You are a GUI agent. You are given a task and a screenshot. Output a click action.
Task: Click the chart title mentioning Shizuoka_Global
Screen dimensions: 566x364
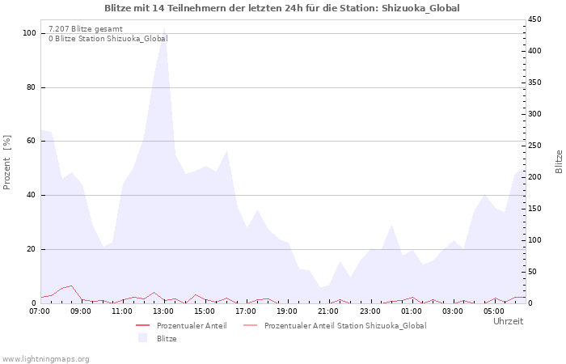[x=282, y=8]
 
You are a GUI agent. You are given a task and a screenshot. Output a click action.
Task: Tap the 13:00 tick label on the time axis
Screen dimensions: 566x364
[x=163, y=311]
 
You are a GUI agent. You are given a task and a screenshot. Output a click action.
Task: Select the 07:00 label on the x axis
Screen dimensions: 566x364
[x=40, y=311]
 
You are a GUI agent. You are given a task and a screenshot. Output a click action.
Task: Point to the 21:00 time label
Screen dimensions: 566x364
[x=328, y=311]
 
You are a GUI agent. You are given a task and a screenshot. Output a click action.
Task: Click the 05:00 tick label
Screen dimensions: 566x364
[x=493, y=311]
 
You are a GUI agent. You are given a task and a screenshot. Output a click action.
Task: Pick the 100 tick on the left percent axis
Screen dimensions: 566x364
[x=29, y=33]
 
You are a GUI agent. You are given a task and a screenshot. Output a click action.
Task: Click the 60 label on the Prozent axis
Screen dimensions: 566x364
[x=31, y=141]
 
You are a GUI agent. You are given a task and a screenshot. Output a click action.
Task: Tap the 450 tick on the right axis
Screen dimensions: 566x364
[x=534, y=19]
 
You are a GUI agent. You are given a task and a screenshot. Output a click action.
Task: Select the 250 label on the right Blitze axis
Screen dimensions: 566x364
[x=534, y=145]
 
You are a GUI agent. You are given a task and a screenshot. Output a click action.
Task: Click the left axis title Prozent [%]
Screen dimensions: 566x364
[x=6, y=162]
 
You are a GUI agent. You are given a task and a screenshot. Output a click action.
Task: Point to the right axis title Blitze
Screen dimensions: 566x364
[x=559, y=162]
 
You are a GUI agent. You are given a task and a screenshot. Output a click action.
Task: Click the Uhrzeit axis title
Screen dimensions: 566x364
[x=509, y=321]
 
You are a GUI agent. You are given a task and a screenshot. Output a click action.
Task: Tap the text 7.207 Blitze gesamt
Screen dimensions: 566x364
[x=86, y=29]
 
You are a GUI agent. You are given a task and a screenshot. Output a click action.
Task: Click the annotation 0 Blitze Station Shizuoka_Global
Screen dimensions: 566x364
[x=108, y=38]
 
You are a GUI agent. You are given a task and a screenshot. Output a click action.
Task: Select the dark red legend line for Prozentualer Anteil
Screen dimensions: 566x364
[x=142, y=325]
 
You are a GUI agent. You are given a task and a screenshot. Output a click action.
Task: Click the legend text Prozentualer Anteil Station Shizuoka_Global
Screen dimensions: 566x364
[x=345, y=325]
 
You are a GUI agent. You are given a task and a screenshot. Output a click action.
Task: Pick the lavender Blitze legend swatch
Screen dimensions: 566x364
[x=143, y=338]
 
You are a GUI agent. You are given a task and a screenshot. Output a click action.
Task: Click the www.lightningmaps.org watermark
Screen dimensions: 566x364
[x=45, y=359]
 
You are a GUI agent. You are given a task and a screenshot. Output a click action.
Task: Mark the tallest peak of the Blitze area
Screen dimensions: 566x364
[x=165, y=28]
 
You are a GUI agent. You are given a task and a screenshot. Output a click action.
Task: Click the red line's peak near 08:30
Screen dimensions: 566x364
[x=71, y=286]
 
